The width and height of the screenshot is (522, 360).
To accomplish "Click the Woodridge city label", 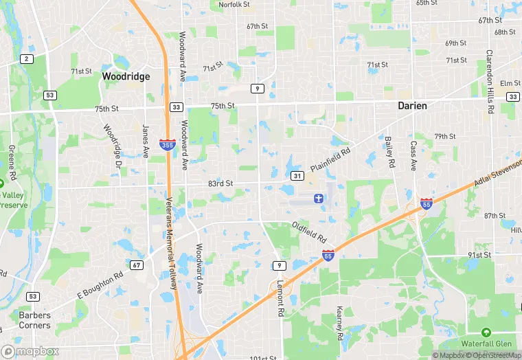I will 126,77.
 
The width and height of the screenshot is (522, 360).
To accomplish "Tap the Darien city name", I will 413,106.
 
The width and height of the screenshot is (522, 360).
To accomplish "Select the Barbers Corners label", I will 34,320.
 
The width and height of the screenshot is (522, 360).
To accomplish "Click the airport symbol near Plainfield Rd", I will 318,199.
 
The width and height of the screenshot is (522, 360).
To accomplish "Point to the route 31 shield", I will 297,176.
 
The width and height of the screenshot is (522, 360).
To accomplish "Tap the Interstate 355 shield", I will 166,144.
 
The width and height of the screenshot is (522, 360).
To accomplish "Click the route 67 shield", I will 137,265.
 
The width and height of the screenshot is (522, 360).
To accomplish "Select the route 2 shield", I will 27,59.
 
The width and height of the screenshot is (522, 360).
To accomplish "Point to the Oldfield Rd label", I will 309,232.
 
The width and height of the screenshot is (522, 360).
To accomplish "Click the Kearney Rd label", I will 339,324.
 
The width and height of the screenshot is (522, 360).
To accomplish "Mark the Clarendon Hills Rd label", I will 490,72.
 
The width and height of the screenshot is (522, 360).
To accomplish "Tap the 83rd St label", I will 220,184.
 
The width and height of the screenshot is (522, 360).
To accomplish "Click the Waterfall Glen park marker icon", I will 486,333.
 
